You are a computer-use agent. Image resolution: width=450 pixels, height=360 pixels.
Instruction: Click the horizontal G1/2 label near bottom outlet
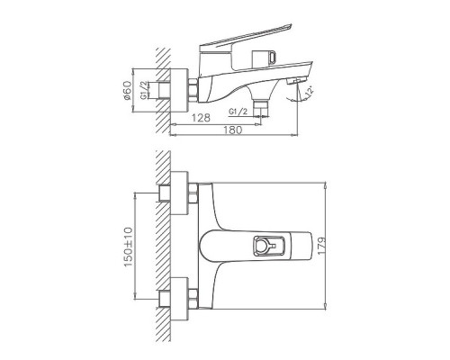coord(239,112)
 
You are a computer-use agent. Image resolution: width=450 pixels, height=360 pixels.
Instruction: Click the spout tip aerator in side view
coord(292,82)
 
